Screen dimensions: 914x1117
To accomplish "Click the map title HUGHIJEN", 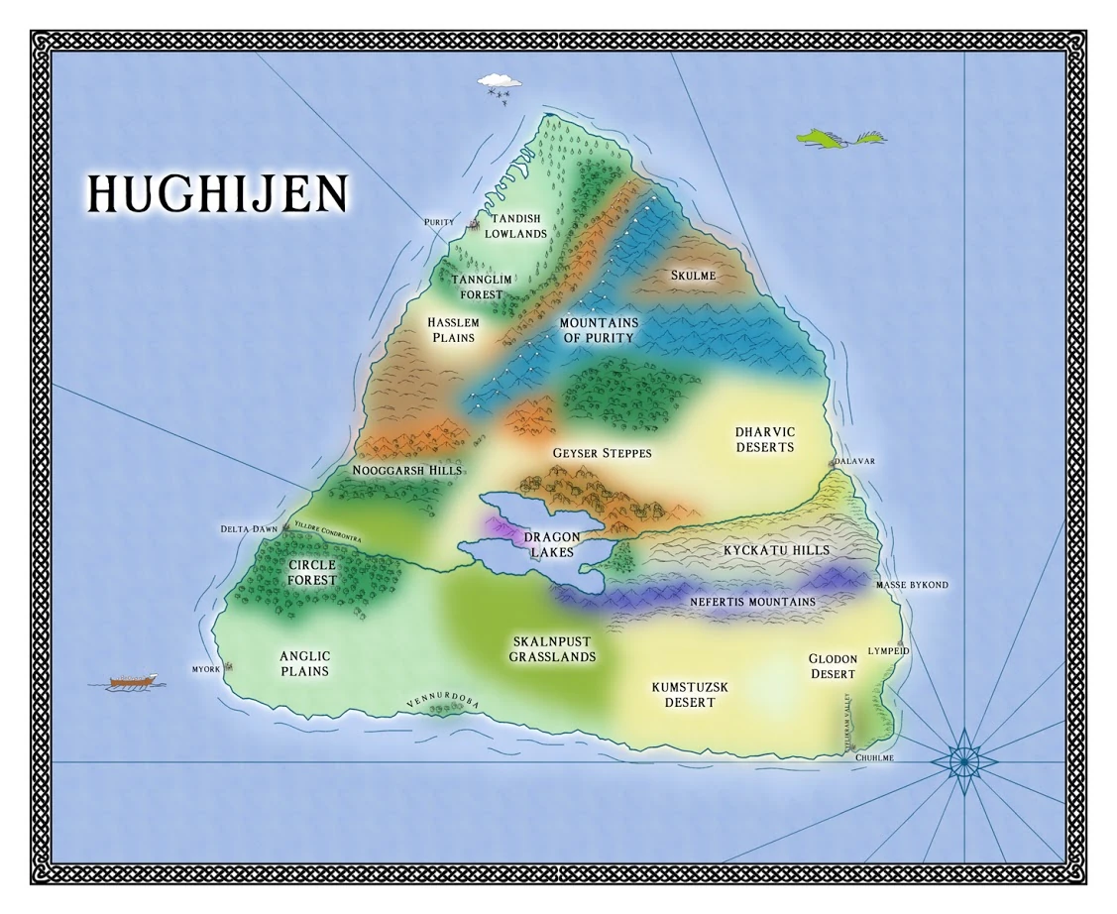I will tap(217, 194).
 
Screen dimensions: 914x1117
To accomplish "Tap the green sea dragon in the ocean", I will tap(840, 138).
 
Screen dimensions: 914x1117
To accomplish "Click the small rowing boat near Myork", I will tap(133, 682).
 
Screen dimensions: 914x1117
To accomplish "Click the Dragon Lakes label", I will tap(552, 544).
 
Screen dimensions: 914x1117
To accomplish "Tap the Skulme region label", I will tap(693, 276).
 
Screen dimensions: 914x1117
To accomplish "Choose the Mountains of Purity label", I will tap(598, 330).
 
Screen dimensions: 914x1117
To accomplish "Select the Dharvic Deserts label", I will tap(764, 439).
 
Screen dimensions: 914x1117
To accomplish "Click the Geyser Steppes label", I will tap(602, 453).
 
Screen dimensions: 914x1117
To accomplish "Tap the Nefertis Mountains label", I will tap(752, 602).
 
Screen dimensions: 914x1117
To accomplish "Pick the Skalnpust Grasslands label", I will tap(552, 649).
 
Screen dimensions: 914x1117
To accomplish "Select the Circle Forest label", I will tap(312, 572).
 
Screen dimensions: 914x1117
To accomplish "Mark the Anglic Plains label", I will tap(304, 663).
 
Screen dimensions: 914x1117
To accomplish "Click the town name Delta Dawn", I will tap(249, 529).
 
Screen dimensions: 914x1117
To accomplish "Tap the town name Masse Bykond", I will tap(912, 585).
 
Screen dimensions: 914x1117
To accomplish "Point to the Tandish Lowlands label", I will tap(515, 226).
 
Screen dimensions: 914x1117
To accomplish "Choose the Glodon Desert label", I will tap(832, 666).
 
